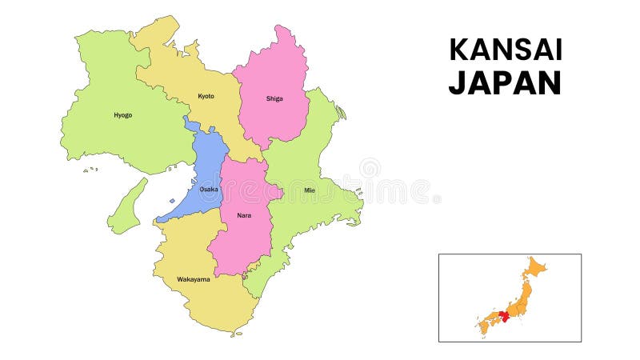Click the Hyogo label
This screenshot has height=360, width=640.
pos(123,115)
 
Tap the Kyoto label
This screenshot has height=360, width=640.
pos(206,96)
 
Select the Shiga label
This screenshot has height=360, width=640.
pos(274,99)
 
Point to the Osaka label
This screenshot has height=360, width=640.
pos(208,189)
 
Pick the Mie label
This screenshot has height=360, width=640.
pos(310,190)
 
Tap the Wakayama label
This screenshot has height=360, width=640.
pos(193,279)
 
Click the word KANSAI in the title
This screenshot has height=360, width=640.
pos(506,50)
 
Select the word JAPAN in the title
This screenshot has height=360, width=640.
pos(505,82)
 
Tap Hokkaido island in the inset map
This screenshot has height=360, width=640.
pos(534,267)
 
